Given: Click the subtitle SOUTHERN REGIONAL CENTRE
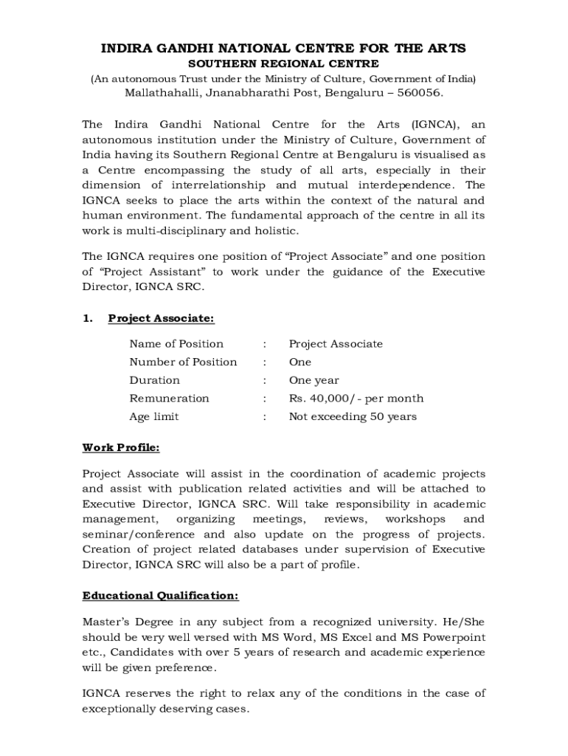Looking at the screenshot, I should [284, 64].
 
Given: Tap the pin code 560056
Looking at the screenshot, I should [418, 94].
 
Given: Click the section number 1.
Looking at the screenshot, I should [87, 318].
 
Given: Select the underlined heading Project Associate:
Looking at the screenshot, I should [162, 318].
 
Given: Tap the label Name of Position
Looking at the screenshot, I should [176, 344].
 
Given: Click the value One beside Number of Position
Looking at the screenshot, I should [300, 362].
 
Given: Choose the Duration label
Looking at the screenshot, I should [155, 380].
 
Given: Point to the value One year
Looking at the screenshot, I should [314, 380].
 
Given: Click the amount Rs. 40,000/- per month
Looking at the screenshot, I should [356, 399].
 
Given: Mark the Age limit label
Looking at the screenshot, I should [154, 416].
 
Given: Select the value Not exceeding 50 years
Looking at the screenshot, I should [353, 416].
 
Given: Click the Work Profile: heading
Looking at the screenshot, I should [121, 447].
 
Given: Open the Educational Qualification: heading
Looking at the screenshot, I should [161, 595].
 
